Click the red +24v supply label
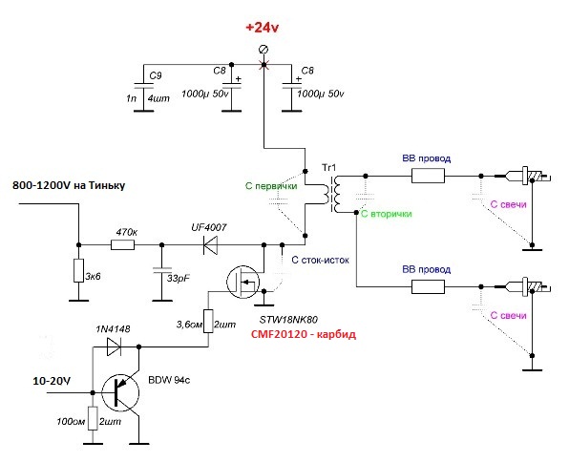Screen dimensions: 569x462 point(262,28)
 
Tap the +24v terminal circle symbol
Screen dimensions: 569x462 point(263,50)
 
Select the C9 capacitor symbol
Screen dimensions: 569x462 point(144,86)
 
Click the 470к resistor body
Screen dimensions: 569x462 point(122,245)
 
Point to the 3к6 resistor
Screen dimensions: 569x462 point(78,270)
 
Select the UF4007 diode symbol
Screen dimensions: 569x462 point(210,245)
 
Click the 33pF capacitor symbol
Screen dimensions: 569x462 point(162,269)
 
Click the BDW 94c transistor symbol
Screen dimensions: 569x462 point(120,393)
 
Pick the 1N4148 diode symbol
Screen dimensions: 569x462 point(114,346)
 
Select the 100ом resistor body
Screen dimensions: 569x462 point(93,418)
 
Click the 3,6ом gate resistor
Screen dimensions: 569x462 point(208,321)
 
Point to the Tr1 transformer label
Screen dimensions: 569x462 point(328,168)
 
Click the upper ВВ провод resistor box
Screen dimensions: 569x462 point(428,176)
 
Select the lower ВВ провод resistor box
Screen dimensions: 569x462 point(428,286)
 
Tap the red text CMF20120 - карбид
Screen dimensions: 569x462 point(304,334)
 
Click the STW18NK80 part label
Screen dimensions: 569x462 point(289,320)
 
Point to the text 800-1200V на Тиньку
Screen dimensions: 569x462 point(69,185)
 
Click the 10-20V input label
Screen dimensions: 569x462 point(52,381)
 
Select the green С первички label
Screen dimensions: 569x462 point(271,186)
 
